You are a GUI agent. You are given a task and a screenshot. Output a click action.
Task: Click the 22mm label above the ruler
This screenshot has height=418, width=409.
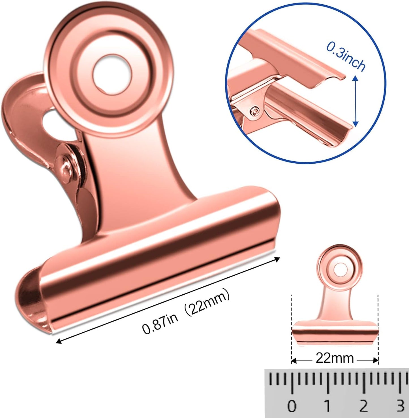pyautogui.click(x=335, y=358)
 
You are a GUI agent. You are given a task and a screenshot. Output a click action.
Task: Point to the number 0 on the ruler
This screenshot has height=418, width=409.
pyautogui.click(x=292, y=406)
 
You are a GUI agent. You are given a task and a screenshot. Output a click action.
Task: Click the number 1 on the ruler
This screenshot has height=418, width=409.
pyautogui.click(x=327, y=406)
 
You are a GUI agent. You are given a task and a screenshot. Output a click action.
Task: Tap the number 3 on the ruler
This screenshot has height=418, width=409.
pyautogui.click(x=400, y=406)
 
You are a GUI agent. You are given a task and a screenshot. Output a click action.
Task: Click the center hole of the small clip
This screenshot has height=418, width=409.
pyautogui.click(x=339, y=269)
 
